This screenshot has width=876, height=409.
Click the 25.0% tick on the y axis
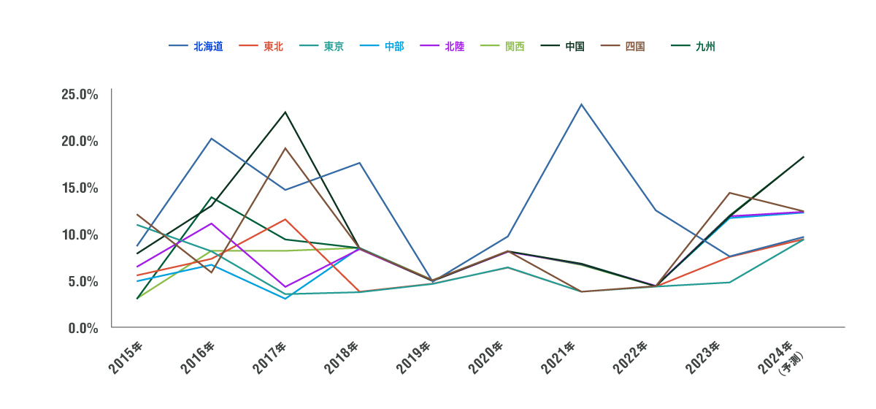pos(80,94)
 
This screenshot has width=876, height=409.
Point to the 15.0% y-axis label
pos(80,188)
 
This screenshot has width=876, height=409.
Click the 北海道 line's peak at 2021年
pos(581,104)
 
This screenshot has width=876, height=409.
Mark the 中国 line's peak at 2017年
pos(285,112)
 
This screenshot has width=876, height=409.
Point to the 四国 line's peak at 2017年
pos(285,148)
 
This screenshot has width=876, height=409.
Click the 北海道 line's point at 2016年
pos(211,139)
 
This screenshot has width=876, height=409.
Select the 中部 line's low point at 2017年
pos(285,299)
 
